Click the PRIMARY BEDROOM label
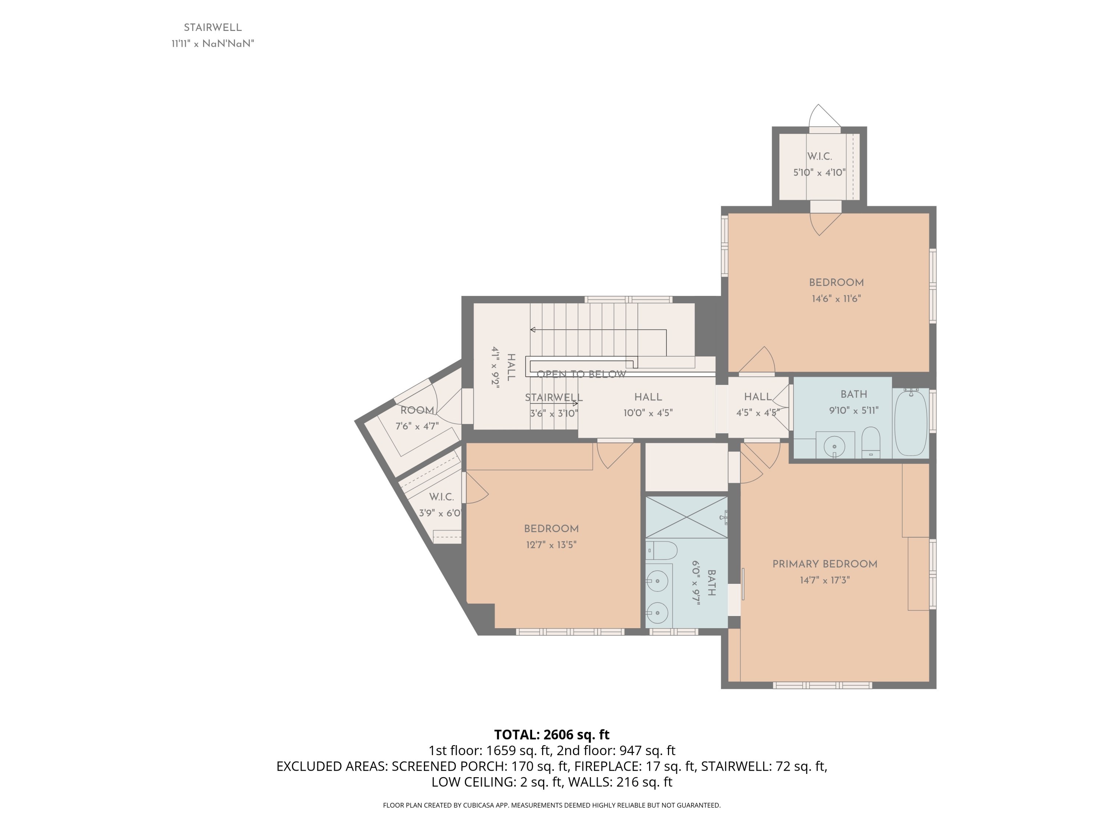coord(825,564)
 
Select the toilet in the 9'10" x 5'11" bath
coord(871,442)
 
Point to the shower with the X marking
coord(687,517)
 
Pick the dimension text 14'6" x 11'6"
coord(836,299)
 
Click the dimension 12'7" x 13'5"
coord(551,545)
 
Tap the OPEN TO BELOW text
coord(581,374)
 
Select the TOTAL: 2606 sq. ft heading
coord(552,735)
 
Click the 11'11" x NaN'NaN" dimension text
coord(213,44)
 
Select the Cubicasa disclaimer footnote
coord(552,805)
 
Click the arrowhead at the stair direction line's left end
coord(532,330)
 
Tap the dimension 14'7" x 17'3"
coord(825,580)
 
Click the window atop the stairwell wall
coord(629,300)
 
